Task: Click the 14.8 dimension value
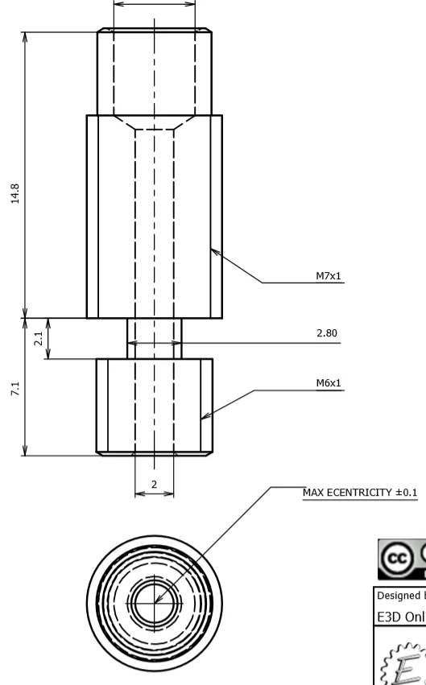point(15,195)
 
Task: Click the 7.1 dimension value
point(15,390)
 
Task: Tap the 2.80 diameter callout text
point(326,333)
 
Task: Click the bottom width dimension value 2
point(154,484)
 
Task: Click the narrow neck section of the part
point(154,338)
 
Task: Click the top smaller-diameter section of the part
point(154,72)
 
